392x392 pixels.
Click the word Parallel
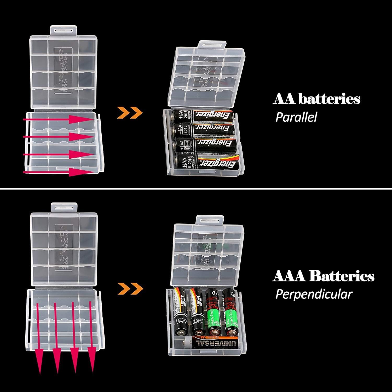296,117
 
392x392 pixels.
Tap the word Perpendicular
314,294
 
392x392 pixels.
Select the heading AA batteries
316,100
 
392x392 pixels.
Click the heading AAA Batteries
323,276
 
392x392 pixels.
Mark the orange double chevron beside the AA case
130,112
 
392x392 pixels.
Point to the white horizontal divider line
196,189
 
